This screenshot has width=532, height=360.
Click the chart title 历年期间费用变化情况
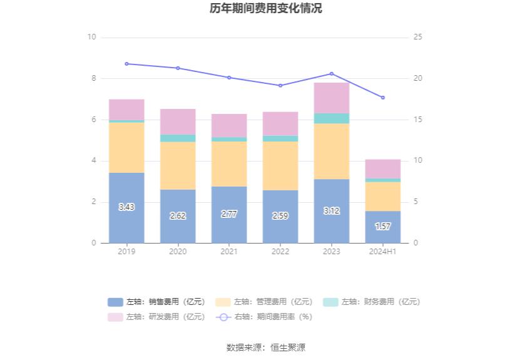point(266,9)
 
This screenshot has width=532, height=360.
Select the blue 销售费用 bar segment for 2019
point(126,207)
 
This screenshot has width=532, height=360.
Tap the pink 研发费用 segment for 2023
point(332,98)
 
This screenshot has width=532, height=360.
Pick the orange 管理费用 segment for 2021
point(229,164)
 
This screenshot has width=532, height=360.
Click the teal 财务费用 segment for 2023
point(332,118)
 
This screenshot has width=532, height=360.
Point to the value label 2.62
point(178,215)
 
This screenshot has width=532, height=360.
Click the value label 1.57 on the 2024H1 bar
point(383,226)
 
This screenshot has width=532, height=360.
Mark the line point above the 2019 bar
point(126,64)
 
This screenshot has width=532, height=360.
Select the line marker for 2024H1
point(383,98)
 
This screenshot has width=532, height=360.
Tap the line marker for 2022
point(280,86)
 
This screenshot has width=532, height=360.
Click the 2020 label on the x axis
point(178,252)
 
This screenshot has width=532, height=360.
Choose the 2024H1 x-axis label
point(383,252)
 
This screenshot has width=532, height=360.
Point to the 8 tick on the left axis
point(93,78)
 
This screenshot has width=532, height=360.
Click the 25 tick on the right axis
point(418,37)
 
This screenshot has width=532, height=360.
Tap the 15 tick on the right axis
point(418,120)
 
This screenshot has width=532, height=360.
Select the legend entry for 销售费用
point(156,302)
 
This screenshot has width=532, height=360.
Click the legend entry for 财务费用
point(372,302)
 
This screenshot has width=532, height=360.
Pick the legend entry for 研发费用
point(156,317)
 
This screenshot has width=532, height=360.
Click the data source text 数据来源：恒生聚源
point(266,347)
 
